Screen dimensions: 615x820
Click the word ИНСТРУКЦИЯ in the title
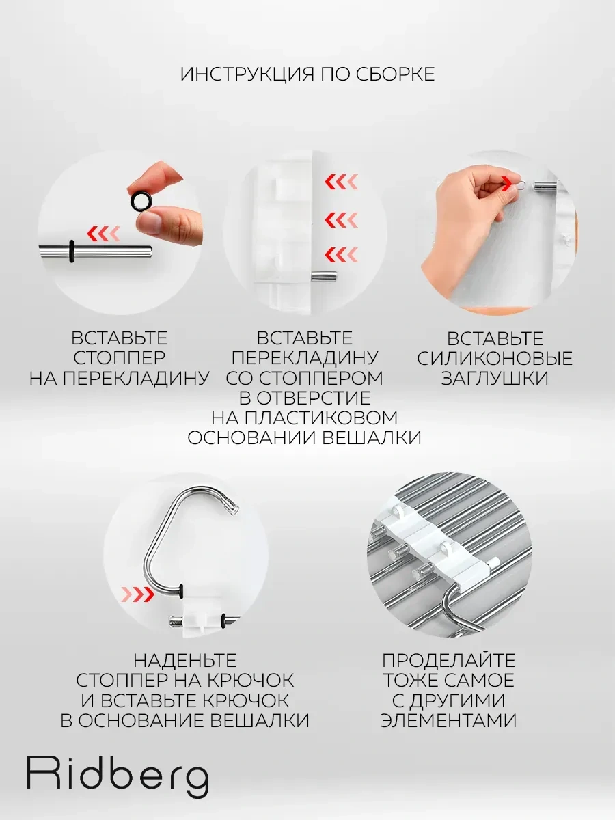coord(247,74)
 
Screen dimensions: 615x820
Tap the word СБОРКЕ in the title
coord(395,74)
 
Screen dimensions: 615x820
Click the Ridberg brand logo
coord(118,777)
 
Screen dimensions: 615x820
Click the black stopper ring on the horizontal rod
coord(71,251)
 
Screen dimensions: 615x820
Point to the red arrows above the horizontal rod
coord(103,234)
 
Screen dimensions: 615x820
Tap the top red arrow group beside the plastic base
coord(341,182)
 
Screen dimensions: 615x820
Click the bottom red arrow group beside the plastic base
coord(341,255)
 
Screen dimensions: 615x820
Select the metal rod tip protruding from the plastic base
coord(325,277)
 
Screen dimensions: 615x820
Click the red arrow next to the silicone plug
coord(508,183)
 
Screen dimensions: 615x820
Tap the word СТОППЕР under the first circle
coord(119,358)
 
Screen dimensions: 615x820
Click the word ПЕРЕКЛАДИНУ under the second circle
coord(305,358)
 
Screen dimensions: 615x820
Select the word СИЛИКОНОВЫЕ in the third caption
coord(495,359)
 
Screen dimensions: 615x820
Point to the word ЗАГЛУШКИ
coord(495,379)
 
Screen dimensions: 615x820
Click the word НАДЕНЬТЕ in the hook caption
coord(185,661)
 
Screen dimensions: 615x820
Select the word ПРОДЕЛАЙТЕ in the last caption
coord(448,661)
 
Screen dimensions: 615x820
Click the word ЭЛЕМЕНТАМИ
coord(448,721)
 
